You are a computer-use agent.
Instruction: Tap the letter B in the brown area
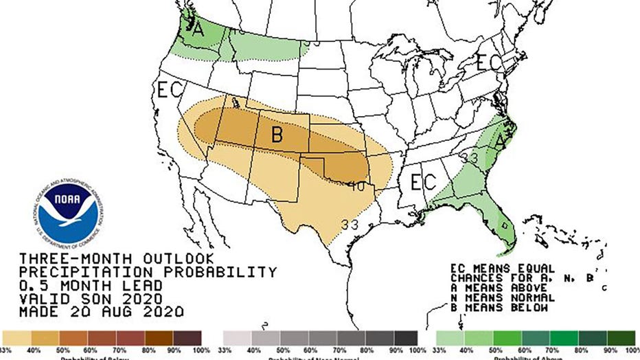[x=277, y=135]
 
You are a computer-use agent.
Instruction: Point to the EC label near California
[x=169, y=90]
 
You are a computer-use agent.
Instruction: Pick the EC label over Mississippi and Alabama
[x=423, y=182]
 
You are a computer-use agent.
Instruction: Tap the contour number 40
[x=356, y=185]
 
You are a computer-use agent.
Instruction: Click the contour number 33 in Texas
[x=350, y=224]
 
